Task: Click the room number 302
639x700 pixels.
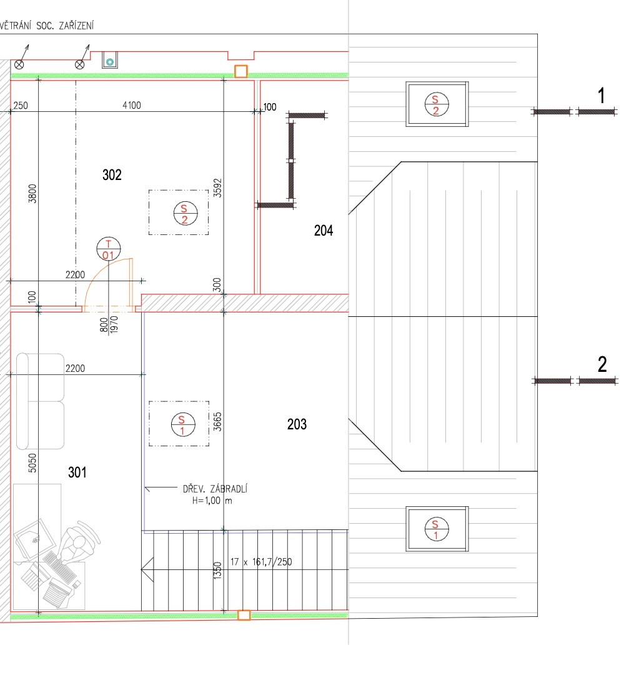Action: point(112,174)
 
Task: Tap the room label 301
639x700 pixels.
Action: point(77,472)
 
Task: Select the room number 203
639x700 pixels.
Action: point(297,424)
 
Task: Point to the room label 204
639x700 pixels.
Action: point(324,231)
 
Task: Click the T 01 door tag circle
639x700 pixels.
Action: point(109,249)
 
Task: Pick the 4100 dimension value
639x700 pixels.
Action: point(132,106)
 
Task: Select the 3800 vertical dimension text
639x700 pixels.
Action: point(32,193)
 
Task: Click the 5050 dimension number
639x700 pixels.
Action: point(32,463)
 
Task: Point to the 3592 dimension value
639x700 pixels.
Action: point(217,188)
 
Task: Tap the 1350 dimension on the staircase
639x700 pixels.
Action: point(217,571)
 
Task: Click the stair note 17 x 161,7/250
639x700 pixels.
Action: point(261,562)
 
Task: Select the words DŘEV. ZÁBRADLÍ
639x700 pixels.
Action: point(215,488)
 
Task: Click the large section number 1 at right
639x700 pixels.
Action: point(602,96)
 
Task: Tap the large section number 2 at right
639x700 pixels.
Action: point(602,364)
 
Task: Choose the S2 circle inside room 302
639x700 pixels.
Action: point(185,213)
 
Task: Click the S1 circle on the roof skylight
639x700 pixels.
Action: point(436,529)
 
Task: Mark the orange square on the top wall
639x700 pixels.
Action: point(241,71)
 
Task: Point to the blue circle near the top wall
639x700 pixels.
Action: point(110,62)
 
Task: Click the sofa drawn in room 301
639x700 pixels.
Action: point(40,401)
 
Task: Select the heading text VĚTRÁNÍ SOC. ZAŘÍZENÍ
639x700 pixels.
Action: point(47,26)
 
